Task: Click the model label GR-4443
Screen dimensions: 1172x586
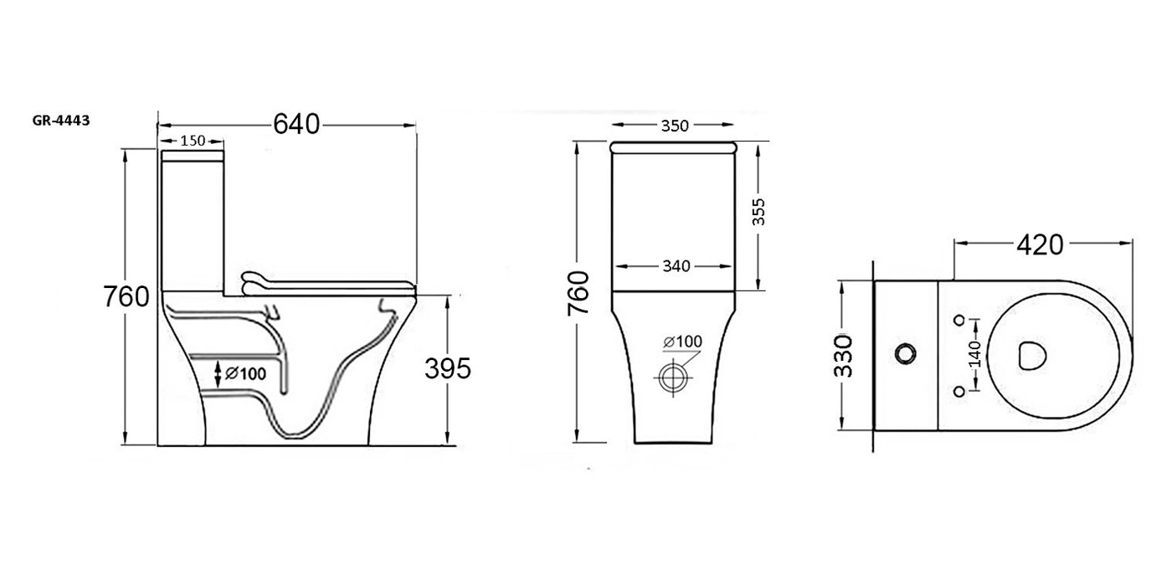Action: [x=61, y=121]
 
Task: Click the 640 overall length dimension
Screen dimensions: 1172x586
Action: [x=296, y=125]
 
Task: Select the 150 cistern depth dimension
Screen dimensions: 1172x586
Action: [x=193, y=141]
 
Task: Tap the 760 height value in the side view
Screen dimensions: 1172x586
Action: [x=126, y=296]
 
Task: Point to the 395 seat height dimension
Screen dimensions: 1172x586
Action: [x=448, y=369]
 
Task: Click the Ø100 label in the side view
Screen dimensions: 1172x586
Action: [x=245, y=373]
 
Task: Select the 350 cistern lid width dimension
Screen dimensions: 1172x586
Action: [x=675, y=126]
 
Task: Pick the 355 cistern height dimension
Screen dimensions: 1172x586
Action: [x=758, y=211]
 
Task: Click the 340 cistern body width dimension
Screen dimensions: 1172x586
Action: [x=676, y=266]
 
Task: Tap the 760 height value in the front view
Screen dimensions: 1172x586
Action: [x=578, y=294]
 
